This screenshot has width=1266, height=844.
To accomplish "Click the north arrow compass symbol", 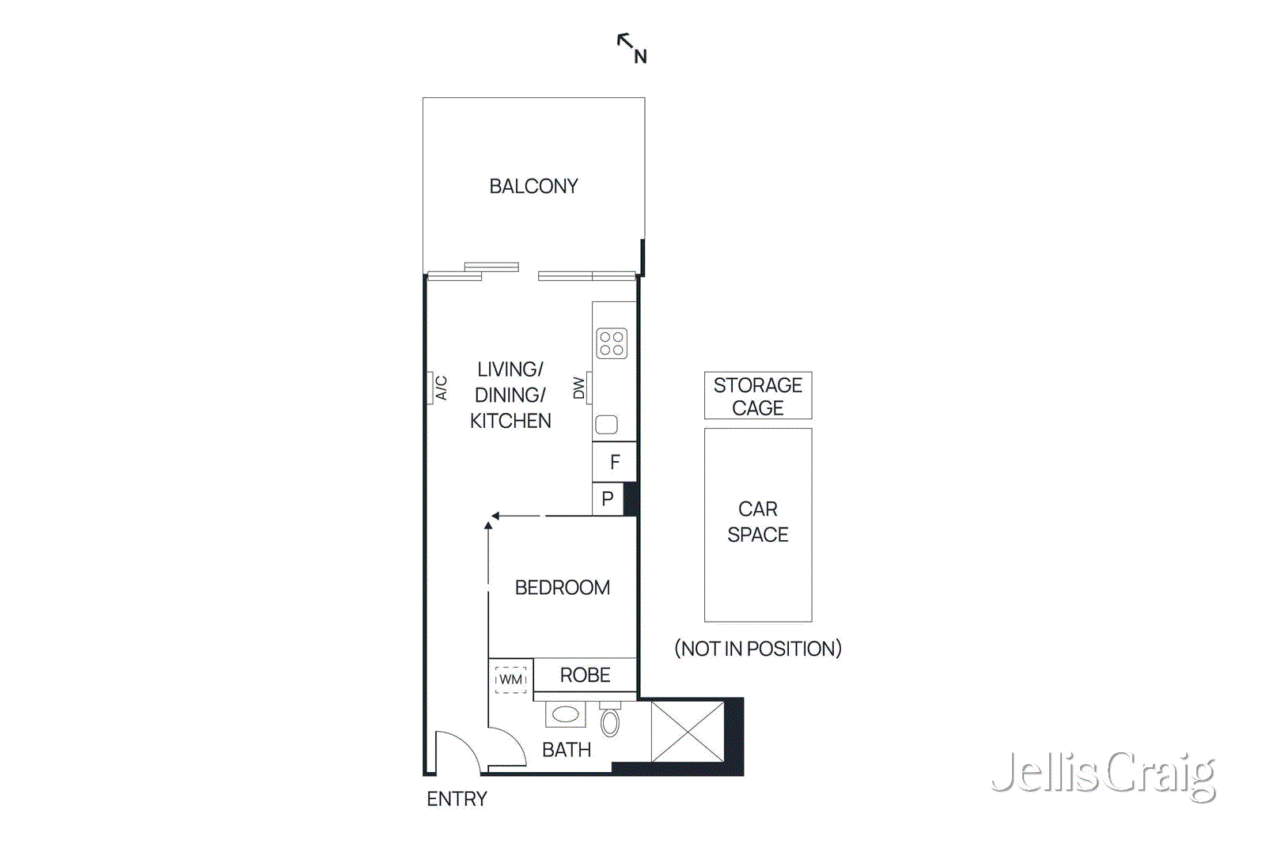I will (631, 47).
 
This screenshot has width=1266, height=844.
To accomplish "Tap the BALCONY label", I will (533, 187).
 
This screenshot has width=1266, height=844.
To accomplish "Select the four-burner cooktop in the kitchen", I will (612, 343).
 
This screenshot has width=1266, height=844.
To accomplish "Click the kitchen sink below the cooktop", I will (607, 424).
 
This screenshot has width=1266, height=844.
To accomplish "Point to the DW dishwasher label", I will (579, 388).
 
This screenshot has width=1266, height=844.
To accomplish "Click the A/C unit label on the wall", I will (441, 388).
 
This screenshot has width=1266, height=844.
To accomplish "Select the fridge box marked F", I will (615, 462).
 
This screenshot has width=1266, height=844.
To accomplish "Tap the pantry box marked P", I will (608, 499).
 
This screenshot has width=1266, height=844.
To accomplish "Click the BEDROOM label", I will (562, 588).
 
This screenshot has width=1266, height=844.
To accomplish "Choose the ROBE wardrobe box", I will (585, 675).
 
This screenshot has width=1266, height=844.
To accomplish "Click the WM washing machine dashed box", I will (510, 679).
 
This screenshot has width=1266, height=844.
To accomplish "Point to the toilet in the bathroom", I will (610, 721).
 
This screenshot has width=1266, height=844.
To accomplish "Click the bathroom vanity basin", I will (565, 714).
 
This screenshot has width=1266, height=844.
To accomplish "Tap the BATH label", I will (567, 750).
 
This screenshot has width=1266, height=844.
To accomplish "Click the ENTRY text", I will (457, 799).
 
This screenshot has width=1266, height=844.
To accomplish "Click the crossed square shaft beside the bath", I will (688, 732).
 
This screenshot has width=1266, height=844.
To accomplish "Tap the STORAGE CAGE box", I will (758, 396).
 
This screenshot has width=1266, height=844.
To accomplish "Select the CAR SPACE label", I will (758, 522).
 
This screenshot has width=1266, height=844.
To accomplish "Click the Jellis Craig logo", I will (1104, 774).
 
